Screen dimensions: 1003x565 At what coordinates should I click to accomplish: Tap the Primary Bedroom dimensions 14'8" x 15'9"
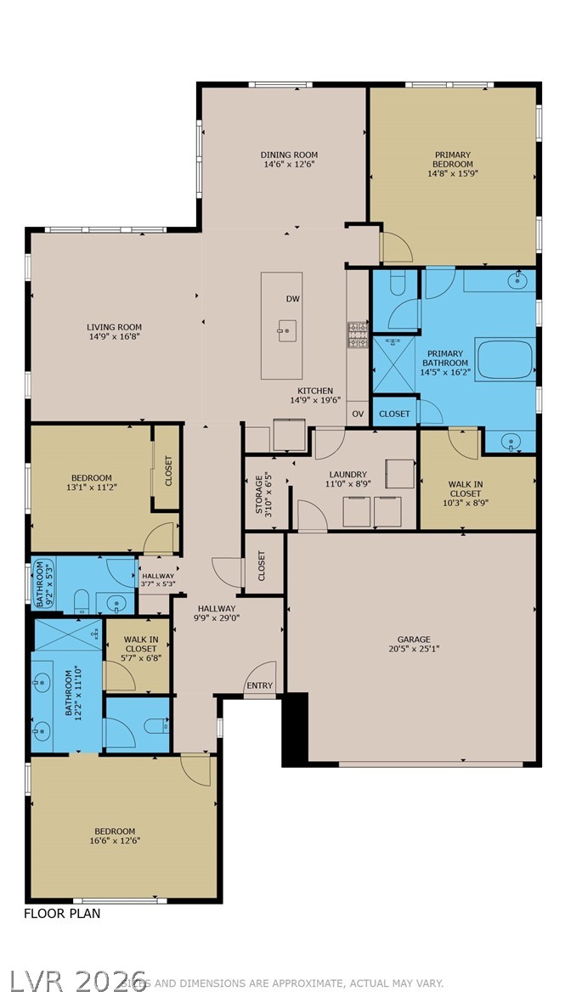click(x=453, y=174)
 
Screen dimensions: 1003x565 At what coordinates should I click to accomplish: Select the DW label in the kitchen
click(x=293, y=299)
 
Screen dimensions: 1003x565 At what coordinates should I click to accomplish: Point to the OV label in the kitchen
click(x=358, y=414)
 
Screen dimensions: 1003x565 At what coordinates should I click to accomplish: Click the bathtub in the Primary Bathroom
click(x=505, y=360)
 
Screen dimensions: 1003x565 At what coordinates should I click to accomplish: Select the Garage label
click(x=414, y=640)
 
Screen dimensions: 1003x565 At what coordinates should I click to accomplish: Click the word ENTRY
click(x=259, y=686)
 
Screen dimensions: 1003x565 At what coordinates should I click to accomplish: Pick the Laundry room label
click(x=348, y=475)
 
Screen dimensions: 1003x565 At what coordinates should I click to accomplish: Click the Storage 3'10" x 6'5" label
click(x=264, y=494)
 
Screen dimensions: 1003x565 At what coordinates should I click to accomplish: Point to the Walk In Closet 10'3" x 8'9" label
click(x=465, y=493)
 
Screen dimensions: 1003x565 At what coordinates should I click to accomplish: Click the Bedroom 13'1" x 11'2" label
click(x=91, y=483)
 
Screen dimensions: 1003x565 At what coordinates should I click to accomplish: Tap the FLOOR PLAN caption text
click(x=61, y=914)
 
